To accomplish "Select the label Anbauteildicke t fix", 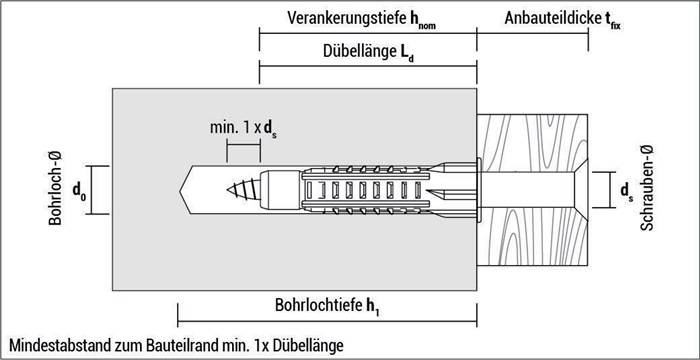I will [562, 17].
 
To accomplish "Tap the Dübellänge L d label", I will [368, 53].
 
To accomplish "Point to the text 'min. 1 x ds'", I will [243, 128].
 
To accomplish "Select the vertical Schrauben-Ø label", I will [647, 189].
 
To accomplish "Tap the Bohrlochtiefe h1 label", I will [326, 306].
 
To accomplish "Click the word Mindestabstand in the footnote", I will [53, 345].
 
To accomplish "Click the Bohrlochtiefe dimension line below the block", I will [326, 321].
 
